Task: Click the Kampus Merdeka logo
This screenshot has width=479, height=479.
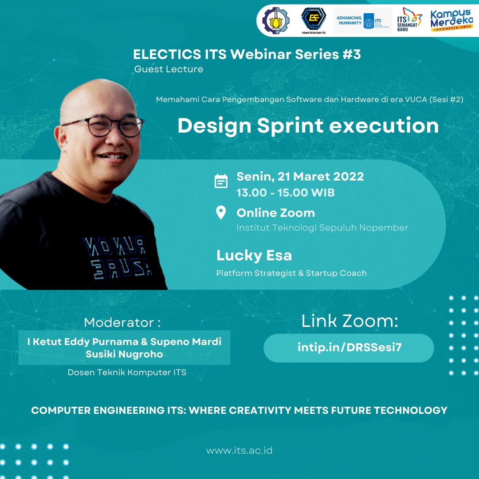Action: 452,20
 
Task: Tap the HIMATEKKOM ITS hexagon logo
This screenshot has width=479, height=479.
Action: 314,20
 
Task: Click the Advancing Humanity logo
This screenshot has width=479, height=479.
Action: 363,21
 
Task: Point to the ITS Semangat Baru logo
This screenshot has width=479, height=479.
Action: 410,20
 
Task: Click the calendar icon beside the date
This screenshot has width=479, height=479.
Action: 221,181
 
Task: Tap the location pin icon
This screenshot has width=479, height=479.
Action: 221,212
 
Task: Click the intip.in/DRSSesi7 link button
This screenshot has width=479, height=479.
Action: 349,348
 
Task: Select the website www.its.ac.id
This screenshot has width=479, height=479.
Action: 239,451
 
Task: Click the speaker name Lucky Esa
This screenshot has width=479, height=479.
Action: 254,256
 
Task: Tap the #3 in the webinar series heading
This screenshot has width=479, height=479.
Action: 352,55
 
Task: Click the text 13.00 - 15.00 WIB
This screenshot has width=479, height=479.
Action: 285,193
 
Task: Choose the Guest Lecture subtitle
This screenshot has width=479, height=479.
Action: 169,69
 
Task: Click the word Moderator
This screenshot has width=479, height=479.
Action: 119,323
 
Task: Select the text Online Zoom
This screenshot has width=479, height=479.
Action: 275,213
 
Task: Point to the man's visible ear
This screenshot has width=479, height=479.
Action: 61,139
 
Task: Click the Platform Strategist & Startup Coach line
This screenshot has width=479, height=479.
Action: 291,273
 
